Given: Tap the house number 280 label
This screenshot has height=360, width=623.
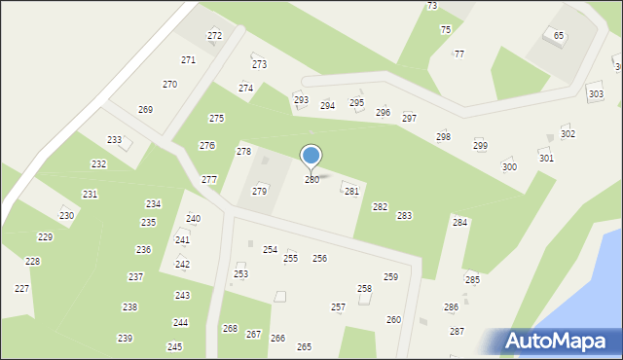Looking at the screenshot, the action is [311, 180].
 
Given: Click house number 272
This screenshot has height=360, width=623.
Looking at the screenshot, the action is [214, 36].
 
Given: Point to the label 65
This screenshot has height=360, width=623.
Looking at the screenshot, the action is [559, 36].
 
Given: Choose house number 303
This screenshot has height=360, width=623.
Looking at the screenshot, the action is [596, 94].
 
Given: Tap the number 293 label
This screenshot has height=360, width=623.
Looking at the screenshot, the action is [301, 100].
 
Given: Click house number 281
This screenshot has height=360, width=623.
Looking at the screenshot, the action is [351, 192].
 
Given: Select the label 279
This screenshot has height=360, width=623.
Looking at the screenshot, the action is [260, 192].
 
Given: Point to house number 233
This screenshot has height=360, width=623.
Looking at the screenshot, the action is [115, 140].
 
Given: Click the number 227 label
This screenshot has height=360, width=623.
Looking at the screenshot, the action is [21, 289].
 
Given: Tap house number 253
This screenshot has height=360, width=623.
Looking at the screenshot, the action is [240, 274].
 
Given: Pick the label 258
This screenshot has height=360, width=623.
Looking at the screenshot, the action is [364, 289].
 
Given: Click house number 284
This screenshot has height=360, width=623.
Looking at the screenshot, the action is [459, 223].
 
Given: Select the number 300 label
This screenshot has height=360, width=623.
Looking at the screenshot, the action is [509, 167].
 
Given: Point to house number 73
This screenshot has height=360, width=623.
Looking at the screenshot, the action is [432, 6].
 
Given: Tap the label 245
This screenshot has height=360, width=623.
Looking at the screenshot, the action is [174, 347].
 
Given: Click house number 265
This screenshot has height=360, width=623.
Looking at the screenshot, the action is [304, 347].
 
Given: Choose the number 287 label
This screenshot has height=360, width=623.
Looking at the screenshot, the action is [457, 332].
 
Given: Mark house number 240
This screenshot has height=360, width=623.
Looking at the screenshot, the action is [194, 219].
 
